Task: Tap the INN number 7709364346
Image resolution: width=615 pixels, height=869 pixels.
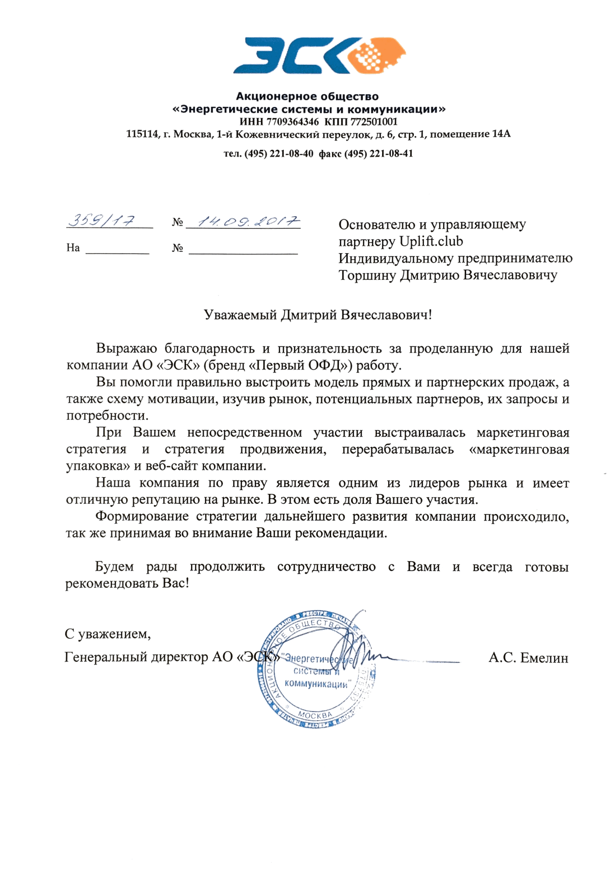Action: coord(292,122)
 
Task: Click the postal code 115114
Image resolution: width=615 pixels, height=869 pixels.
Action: coord(142,135)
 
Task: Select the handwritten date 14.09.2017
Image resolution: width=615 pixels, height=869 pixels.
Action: coord(248,222)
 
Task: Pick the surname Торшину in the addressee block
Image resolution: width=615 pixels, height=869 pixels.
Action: coord(367,276)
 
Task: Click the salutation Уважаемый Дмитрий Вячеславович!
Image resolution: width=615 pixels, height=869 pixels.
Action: coord(318,315)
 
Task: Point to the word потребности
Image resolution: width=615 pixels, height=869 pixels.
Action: coord(107,416)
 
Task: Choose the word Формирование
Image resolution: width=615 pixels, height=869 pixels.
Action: coord(142,517)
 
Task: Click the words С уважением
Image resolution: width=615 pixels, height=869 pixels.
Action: coord(107,634)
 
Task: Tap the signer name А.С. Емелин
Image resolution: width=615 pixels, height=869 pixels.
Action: coord(528,658)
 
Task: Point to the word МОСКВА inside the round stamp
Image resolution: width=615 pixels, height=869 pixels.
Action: coord(315,715)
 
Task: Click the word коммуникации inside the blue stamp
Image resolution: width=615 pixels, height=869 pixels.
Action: coord(316,684)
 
